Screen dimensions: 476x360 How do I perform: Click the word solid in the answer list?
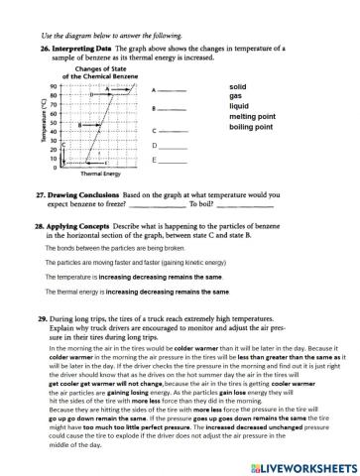click(239, 88)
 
